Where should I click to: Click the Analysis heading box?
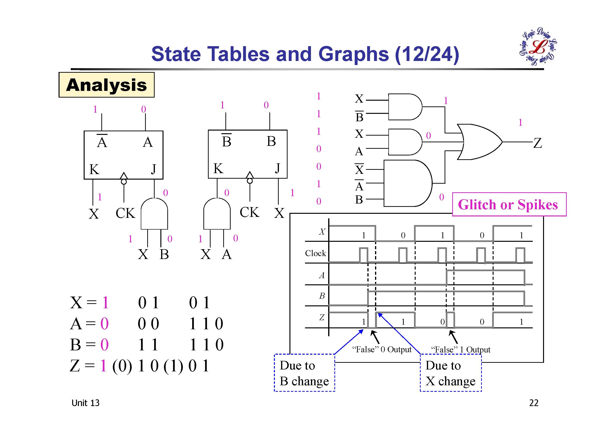point(106,85)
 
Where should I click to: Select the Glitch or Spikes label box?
point(509,204)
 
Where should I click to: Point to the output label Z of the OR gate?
point(537,143)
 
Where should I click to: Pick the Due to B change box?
point(304,373)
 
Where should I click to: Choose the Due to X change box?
point(451,373)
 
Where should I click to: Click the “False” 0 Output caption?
point(382,349)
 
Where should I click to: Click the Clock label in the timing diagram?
point(315,253)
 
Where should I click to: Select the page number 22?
point(533,403)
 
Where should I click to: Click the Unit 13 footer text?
point(85,403)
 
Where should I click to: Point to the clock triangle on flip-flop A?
point(124,176)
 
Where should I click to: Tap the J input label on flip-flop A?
point(153,169)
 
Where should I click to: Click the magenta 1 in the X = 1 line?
point(105,303)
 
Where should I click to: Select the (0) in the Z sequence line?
point(122,366)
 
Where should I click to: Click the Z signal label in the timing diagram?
point(322,317)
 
